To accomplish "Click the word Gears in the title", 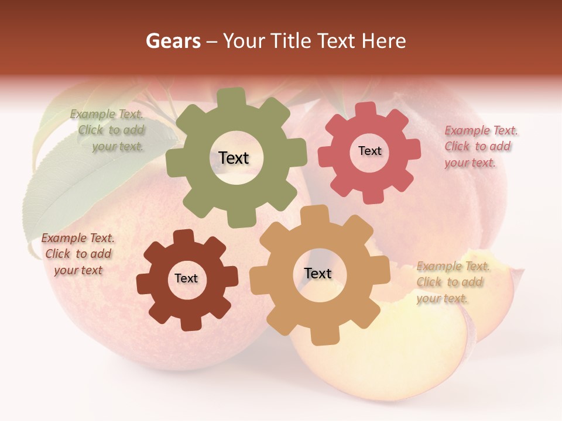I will tap(173, 42).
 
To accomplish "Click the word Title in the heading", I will tap(293, 42).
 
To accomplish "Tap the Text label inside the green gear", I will tap(234, 158).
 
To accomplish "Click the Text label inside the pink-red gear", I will tap(369, 151).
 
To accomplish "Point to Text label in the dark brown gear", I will tap(186, 278).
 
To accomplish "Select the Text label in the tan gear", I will tap(318, 273).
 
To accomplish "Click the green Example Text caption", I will tap(108, 130).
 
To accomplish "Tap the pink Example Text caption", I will tap(480, 146).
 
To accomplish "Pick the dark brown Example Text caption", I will tap(78, 254).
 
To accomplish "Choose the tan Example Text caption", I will tap(452, 282).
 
